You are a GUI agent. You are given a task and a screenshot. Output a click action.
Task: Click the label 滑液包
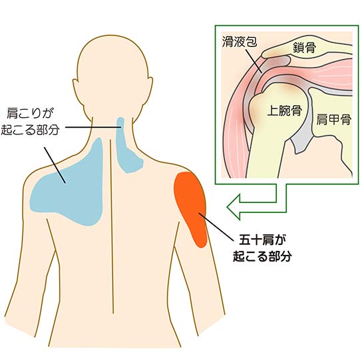click(x=240, y=42)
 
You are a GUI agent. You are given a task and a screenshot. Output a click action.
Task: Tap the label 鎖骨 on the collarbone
click(x=304, y=48)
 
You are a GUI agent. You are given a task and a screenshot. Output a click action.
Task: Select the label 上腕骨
click(x=284, y=110)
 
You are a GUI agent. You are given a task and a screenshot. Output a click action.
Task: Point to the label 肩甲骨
click(x=334, y=119)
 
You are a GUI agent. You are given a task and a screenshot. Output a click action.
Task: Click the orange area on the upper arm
click(x=190, y=207)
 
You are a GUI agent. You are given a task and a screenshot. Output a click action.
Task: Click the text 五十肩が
click(x=260, y=240)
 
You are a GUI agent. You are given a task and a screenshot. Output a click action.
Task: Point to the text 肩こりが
click(x=30, y=113)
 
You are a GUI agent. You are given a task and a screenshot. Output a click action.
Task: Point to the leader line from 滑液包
click(x=254, y=61)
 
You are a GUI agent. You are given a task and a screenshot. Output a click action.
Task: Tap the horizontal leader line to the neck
click(x=93, y=127)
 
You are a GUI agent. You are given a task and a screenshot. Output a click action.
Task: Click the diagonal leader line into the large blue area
click(x=55, y=165)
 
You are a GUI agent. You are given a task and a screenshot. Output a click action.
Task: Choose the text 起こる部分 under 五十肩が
click(x=262, y=256)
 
